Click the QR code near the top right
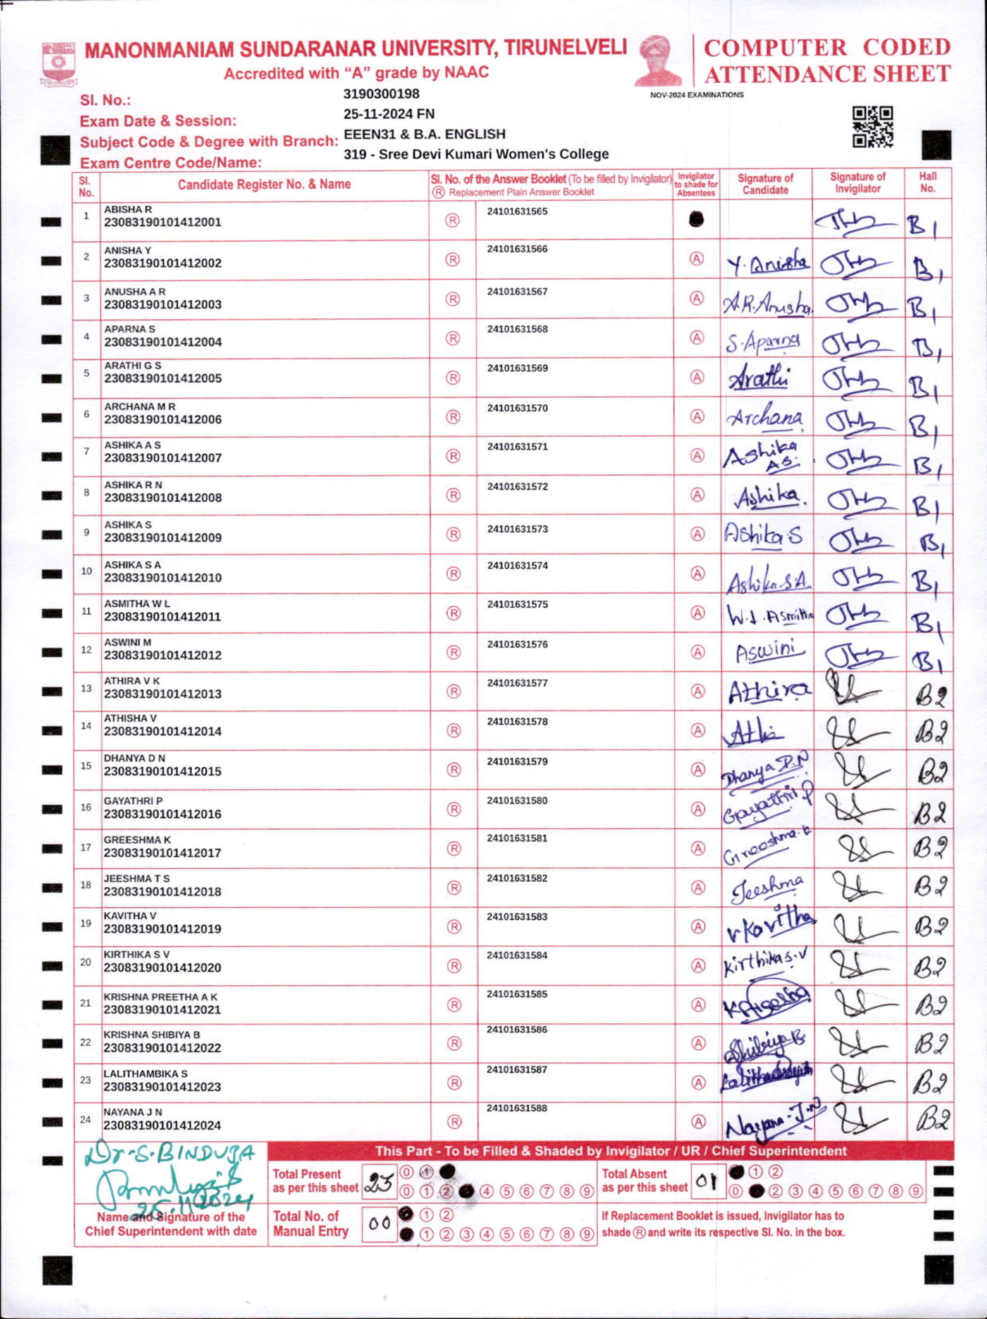[873, 126]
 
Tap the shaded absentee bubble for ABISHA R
[696, 220]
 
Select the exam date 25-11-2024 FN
[389, 114]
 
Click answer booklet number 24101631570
[517, 408]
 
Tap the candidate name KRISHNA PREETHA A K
[161, 997]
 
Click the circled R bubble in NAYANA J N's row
[454, 1121]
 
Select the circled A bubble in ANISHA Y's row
[696, 259]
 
